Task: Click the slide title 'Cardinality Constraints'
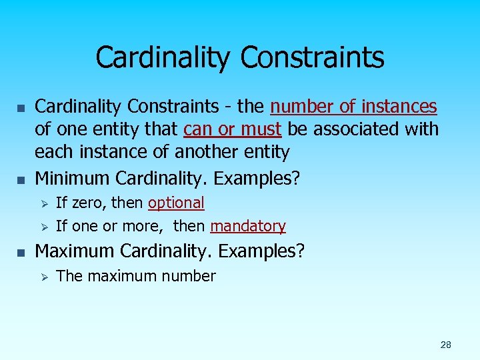(240, 57)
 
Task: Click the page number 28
(445, 345)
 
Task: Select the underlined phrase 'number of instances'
(353, 107)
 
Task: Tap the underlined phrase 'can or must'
(232, 129)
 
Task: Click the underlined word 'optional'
(176, 203)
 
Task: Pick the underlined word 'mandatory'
(248, 227)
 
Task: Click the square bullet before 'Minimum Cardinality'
(21, 179)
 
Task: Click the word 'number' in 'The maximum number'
(190, 276)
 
